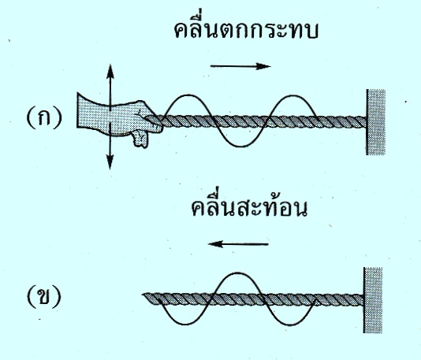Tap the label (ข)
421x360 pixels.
[x=44, y=297]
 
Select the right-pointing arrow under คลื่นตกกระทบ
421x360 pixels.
[x=240, y=66]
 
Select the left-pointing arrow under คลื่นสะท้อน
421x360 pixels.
[x=238, y=244]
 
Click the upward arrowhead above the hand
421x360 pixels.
[x=110, y=71]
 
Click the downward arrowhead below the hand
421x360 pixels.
[x=110, y=162]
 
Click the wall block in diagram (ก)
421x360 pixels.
[x=375, y=122]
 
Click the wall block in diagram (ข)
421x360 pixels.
[x=373, y=300]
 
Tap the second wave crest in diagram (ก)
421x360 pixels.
[x=292, y=95]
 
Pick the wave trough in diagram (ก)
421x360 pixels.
[x=240, y=146]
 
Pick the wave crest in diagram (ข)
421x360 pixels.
[x=237, y=273]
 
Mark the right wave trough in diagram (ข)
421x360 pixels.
[x=289, y=324]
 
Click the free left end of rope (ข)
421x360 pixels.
[x=144, y=295]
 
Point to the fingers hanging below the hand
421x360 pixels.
[x=140, y=139]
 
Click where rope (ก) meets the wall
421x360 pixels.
[x=366, y=122]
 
